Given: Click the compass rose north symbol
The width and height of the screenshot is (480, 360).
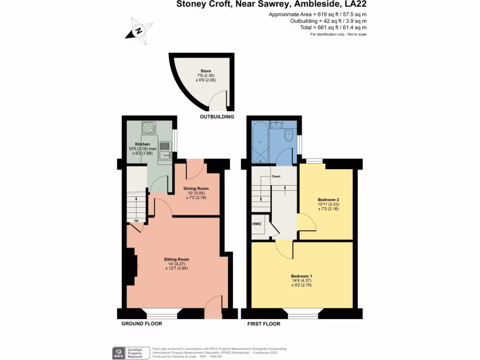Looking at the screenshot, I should [x=139, y=30].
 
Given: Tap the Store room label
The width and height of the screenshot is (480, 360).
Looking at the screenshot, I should [x=205, y=71].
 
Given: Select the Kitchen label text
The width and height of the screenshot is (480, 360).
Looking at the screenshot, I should [x=142, y=144].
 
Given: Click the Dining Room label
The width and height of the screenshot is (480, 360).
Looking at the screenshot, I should [x=196, y=188].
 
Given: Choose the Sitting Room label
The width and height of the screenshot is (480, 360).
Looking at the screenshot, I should [x=176, y=259].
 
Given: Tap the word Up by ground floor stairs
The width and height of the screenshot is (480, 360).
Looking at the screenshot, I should [x=136, y=220].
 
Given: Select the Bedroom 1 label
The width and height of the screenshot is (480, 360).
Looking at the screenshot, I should [x=302, y=276].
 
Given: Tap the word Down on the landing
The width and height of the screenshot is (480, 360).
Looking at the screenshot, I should [x=275, y=177].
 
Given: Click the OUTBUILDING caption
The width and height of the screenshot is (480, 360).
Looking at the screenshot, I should [x=217, y=117].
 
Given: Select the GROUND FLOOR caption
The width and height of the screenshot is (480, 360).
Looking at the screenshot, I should [x=142, y=324].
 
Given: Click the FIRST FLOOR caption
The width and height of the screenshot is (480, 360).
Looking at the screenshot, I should [x=263, y=324].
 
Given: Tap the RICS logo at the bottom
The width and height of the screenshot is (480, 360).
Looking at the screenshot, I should [x=118, y=352].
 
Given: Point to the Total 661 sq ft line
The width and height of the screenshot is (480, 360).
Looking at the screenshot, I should [x=334, y=28].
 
